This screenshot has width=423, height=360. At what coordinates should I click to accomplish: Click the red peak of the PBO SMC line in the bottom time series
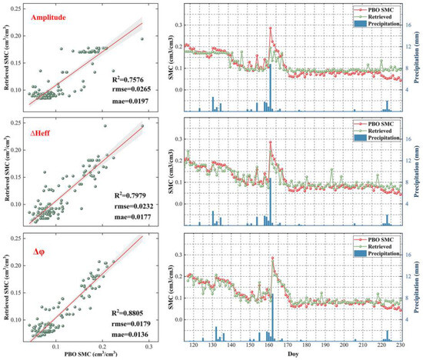pyautogui.click(x=270, y=258)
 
